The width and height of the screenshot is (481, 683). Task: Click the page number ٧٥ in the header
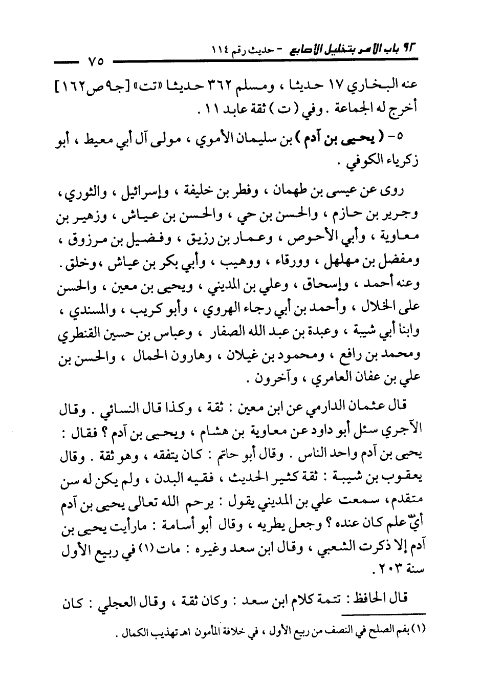[x=95, y=63]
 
